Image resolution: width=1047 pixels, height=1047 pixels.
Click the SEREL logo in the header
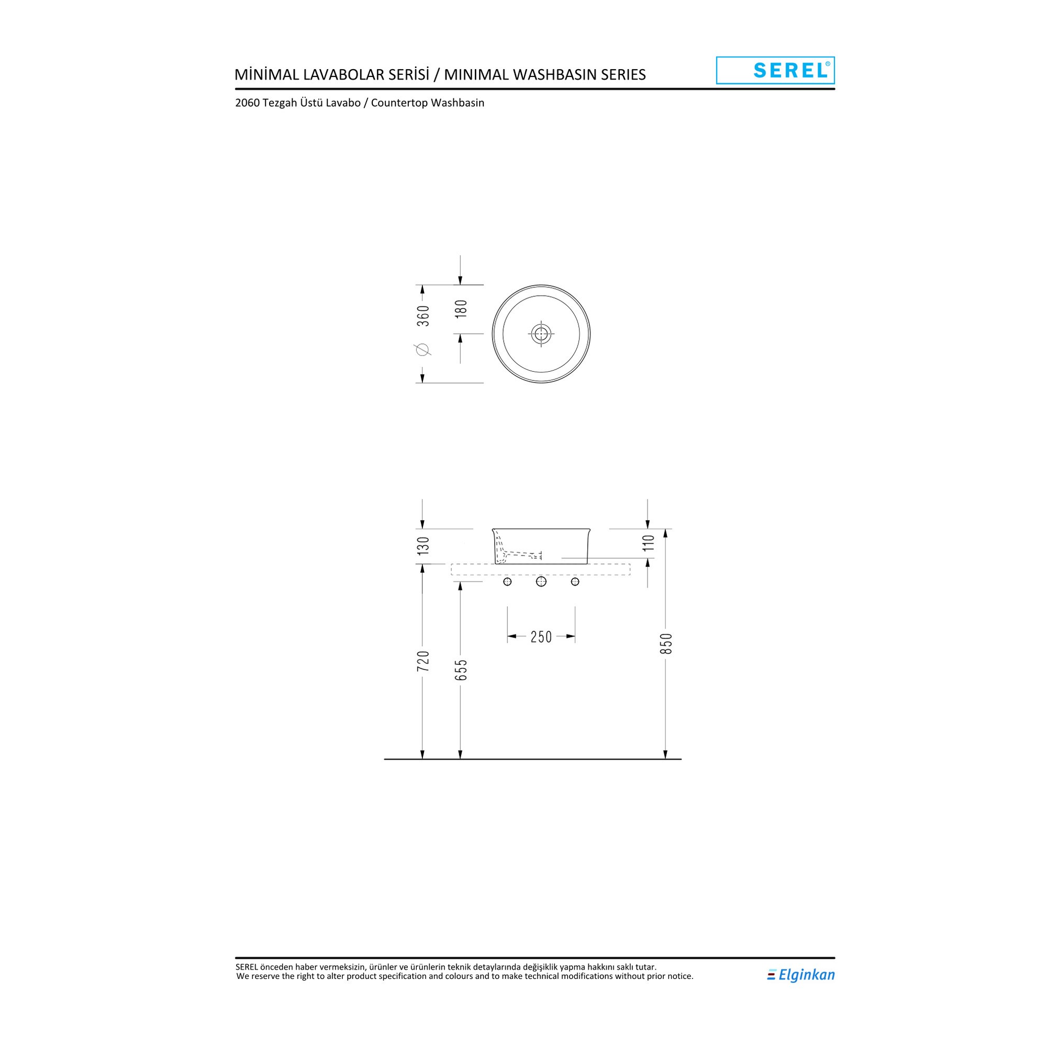(x=775, y=71)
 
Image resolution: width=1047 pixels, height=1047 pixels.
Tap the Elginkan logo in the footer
(x=801, y=975)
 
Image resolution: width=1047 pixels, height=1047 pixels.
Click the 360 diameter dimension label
(x=423, y=316)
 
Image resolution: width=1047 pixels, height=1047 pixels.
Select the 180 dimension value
(x=461, y=309)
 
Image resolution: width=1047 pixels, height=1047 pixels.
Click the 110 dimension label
(x=649, y=542)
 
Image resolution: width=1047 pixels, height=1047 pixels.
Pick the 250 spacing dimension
(x=541, y=637)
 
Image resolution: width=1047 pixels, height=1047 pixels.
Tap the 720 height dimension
(x=423, y=661)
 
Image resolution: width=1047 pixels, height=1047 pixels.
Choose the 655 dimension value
(x=461, y=670)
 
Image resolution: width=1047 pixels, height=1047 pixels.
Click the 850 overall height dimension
(x=666, y=643)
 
